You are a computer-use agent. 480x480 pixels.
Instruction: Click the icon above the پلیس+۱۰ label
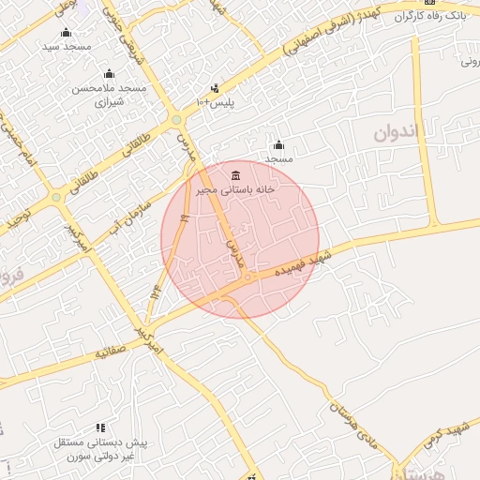pyautogui.click(x=215, y=88)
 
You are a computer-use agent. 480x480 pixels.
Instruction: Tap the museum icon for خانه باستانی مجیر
pyautogui.click(x=234, y=176)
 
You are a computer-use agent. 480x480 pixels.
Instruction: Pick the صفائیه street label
pyautogui.click(x=110, y=355)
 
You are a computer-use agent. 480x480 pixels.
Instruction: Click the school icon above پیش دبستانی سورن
pyautogui.click(x=100, y=427)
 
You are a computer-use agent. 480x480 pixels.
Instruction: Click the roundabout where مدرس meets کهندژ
pyautogui.click(x=176, y=119)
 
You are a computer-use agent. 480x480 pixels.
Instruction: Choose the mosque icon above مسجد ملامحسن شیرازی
pyautogui.click(x=109, y=74)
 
